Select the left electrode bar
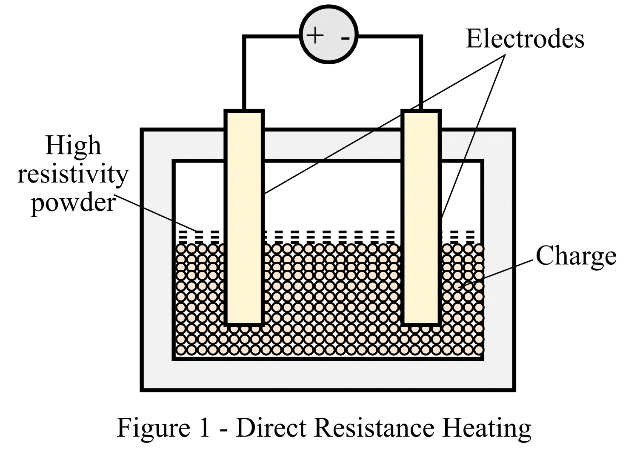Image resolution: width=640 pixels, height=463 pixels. (244, 217)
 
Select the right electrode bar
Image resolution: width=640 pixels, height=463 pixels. (421, 217)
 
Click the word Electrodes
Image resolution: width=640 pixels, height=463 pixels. (525, 39)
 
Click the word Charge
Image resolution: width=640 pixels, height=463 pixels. (576, 256)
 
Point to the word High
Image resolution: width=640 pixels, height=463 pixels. (73, 146)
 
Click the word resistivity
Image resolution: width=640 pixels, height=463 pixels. (73, 174)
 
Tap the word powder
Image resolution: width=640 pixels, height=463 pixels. (73, 202)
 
